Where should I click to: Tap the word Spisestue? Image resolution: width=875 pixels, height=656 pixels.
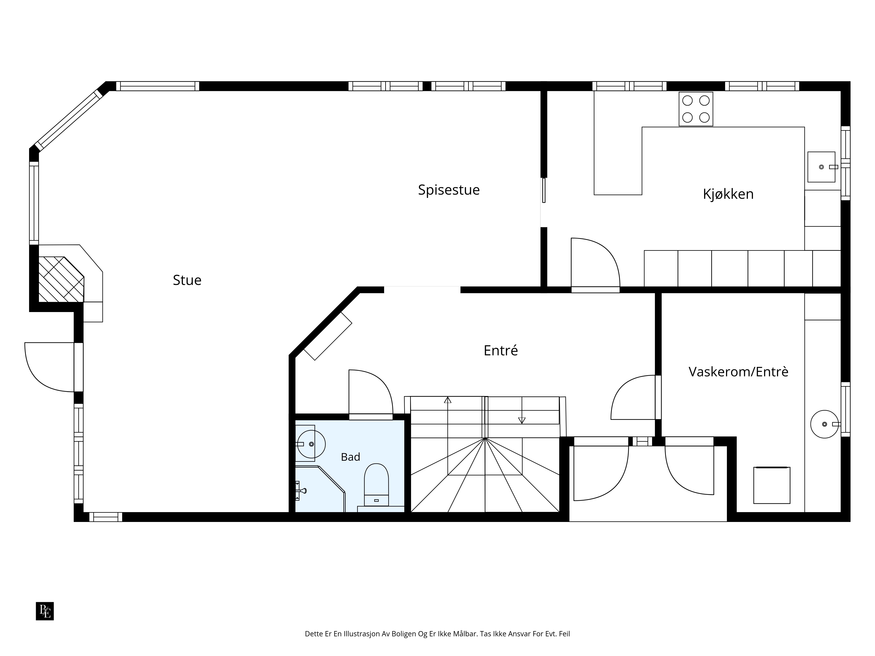point(449,190)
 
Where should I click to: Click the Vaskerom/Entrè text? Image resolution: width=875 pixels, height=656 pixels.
point(738,372)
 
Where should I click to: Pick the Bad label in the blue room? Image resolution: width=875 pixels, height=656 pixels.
point(350,457)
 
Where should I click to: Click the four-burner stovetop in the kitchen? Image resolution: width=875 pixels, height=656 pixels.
point(696,109)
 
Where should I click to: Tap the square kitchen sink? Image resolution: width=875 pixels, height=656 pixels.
point(821,167)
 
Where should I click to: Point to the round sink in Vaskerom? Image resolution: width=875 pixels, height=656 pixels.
point(824,424)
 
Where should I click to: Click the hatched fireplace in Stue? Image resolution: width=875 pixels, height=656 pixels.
point(61,279)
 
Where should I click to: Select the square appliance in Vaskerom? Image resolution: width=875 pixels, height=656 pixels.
point(772,485)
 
